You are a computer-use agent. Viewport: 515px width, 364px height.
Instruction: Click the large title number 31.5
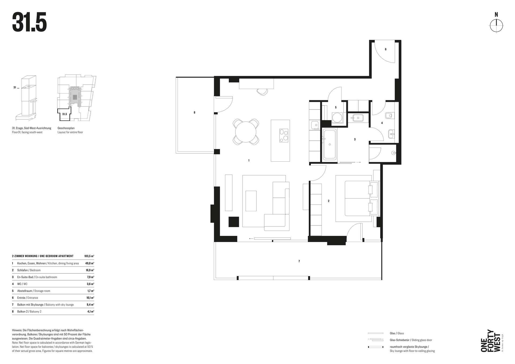30,22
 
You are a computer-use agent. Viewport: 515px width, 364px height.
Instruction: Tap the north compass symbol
496,26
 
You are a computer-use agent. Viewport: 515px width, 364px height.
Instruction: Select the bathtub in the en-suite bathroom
329,144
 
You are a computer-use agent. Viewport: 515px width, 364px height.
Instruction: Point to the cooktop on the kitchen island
284,135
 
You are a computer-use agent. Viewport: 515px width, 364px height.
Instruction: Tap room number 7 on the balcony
299,261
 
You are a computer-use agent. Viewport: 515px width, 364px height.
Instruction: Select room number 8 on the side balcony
194,113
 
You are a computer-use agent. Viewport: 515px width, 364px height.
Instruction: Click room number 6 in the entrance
386,49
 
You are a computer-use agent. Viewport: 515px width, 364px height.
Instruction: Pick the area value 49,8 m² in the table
90,263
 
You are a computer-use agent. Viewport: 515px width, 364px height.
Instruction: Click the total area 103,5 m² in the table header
89,256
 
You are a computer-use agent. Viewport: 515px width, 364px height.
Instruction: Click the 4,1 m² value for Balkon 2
90,311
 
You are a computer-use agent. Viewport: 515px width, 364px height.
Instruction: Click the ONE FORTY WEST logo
492,341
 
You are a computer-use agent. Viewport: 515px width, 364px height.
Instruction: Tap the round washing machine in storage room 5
337,117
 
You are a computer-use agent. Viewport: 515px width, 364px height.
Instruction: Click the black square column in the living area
234,222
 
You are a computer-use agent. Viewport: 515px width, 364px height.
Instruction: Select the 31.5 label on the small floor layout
64,114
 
